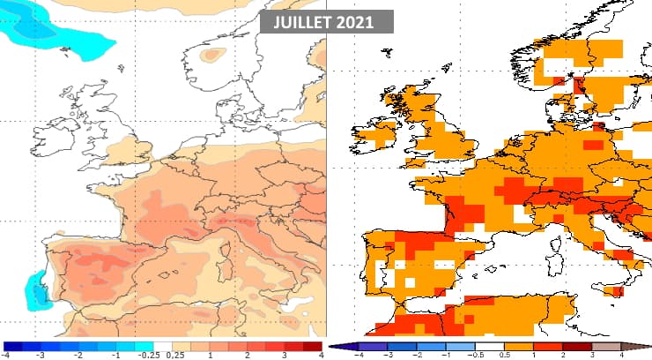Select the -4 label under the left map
click(5, 355)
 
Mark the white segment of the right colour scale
click(492, 347)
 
